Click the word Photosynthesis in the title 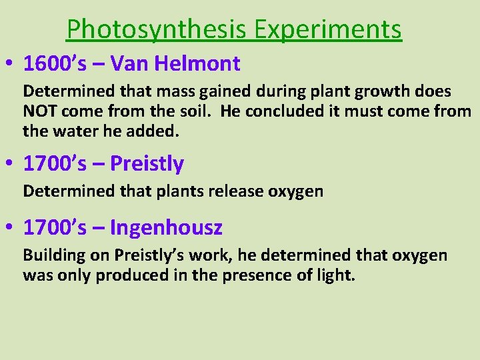coord(157,29)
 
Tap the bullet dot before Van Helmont coord(12,65)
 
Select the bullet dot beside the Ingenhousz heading coord(12,228)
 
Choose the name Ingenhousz coord(166,228)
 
